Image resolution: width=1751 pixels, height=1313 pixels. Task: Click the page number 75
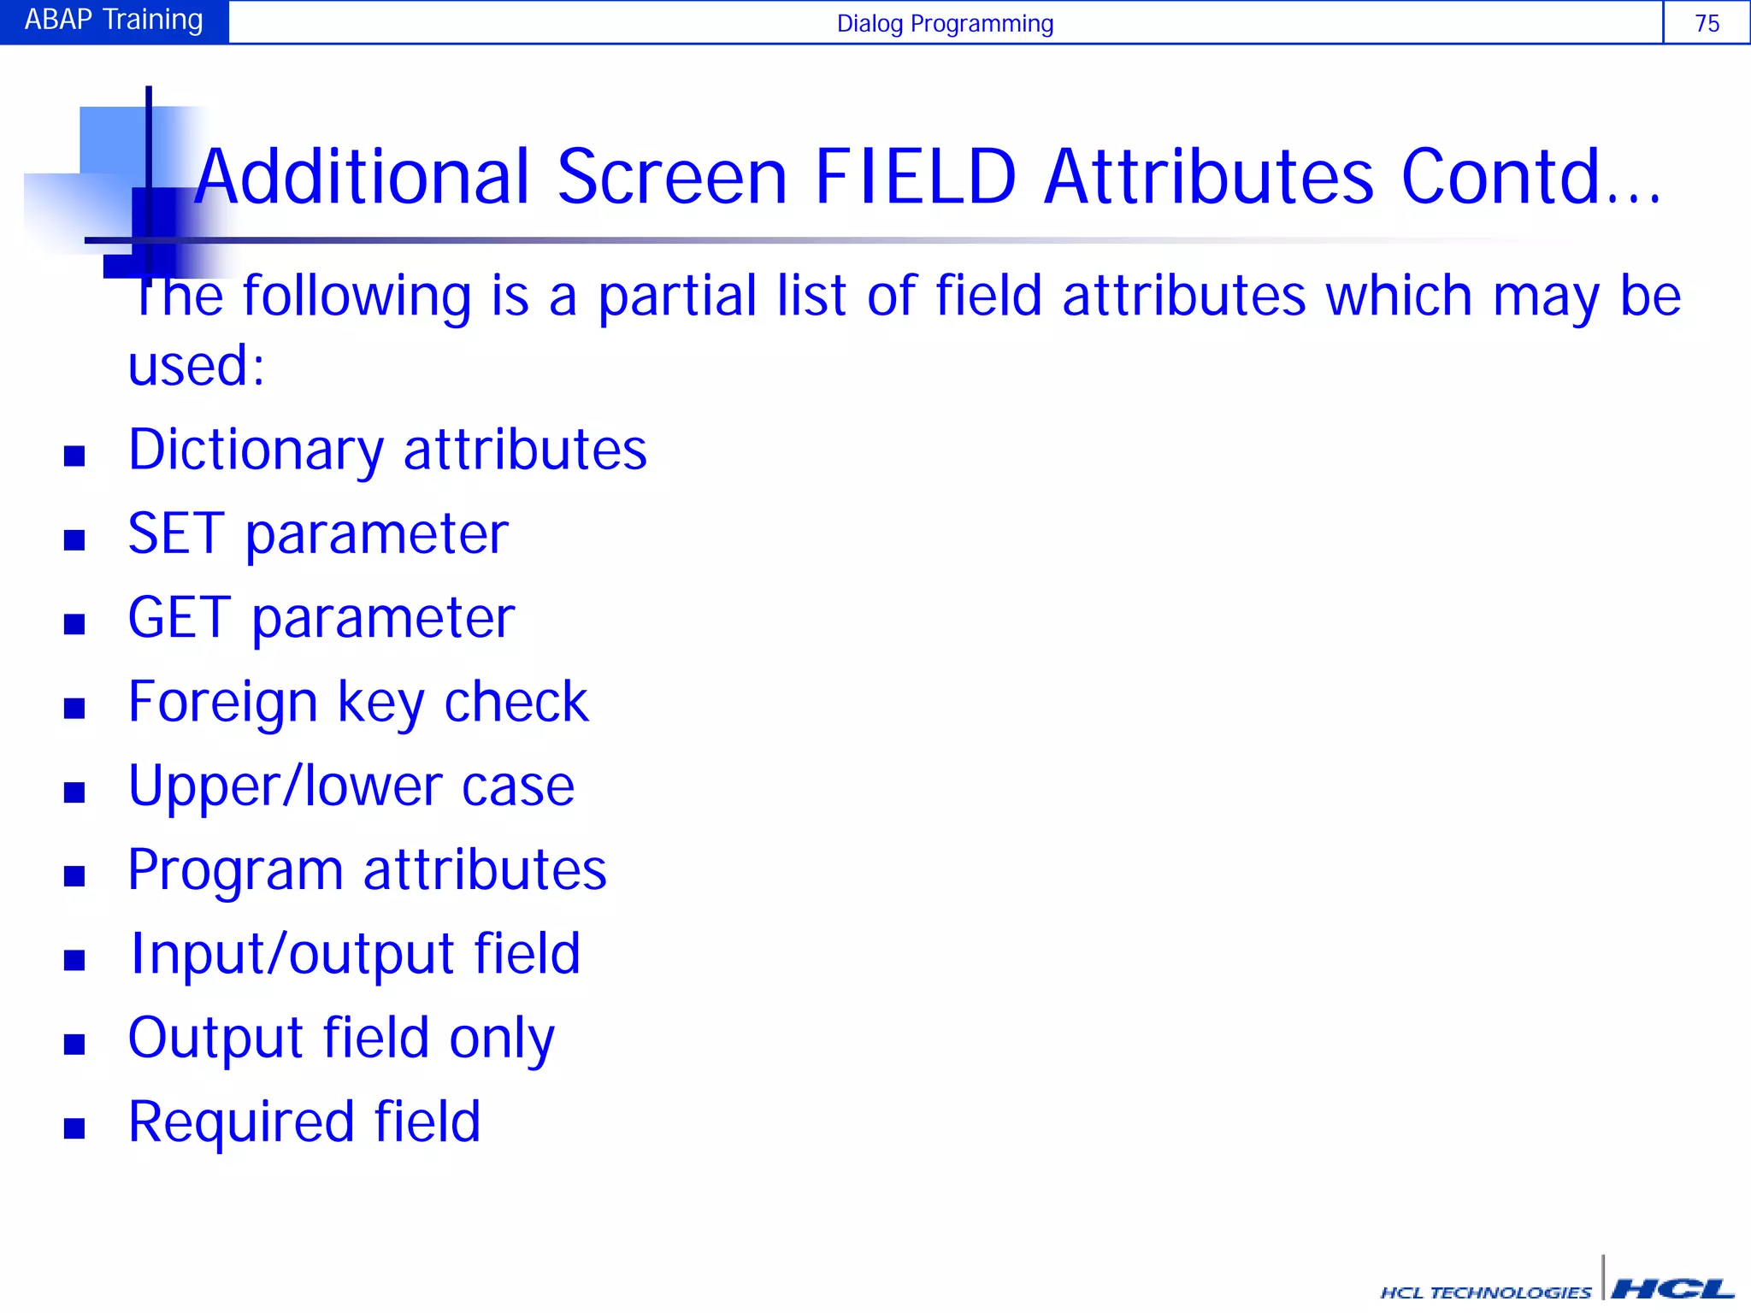tap(1707, 23)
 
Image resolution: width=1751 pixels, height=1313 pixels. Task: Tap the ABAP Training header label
tap(114, 20)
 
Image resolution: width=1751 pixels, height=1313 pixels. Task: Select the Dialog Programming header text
tap(945, 23)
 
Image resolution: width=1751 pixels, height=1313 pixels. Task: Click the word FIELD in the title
tap(916, 177)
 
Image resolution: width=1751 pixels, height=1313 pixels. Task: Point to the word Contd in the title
tap(1512, 177)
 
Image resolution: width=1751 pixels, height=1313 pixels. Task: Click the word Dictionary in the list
tap(256, 450)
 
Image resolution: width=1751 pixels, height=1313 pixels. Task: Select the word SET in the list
tap(176, 533)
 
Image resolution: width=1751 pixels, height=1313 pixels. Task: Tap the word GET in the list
tap(179, 617)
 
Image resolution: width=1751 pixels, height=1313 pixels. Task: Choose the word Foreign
tap(222, 703)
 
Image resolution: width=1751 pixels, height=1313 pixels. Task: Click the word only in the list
tap(502, 1039)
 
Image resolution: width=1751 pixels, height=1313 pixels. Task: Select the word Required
tap(240, 1122)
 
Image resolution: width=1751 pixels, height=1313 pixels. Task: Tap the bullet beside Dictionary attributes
tap(74, 456)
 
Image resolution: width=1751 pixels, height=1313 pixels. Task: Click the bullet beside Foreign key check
tap(74, 708)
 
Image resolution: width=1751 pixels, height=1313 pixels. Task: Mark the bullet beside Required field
tap(74, 1128)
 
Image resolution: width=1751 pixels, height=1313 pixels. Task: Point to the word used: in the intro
tap(196, 366)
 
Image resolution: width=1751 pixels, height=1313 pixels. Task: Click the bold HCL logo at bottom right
tap(1672, 1289)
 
